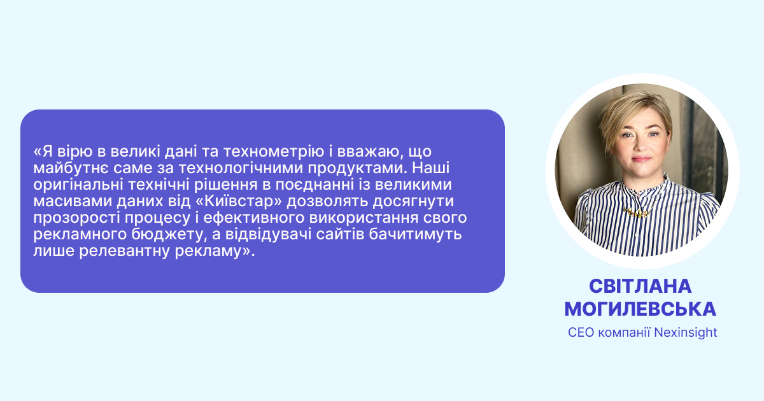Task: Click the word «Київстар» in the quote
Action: point(239,201)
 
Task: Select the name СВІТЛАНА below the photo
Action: point(640,286)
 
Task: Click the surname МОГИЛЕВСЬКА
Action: point(640,309)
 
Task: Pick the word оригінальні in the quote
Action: point(78,185)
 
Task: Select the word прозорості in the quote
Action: point(76,218)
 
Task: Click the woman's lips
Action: point(641,158)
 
